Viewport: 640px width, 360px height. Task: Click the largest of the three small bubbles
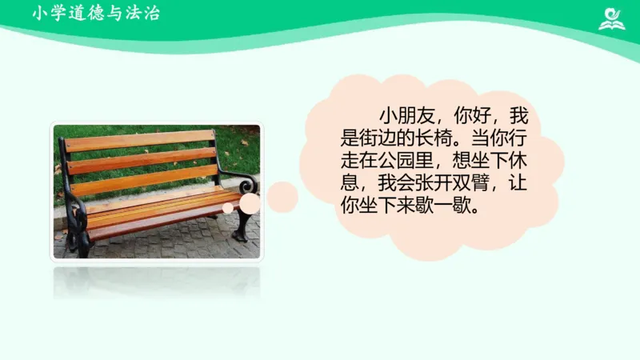(x=282, y=197)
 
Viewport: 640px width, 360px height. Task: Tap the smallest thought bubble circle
(x=228, y=208)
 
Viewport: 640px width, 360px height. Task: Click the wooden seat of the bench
(x=160, y=208)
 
